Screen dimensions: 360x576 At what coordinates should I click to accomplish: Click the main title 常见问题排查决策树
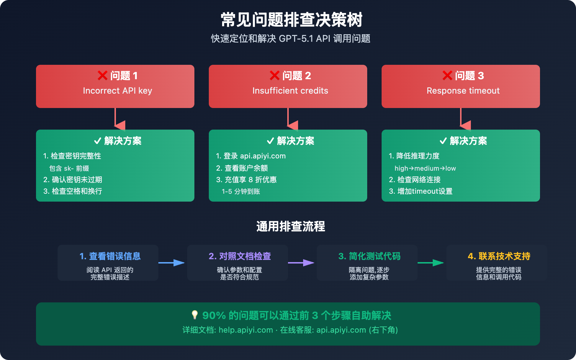[x=292, y=20]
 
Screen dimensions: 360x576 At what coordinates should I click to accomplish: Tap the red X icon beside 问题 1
[x=103, y=76]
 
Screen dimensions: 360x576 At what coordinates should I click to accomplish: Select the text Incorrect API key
[x=117, y=91]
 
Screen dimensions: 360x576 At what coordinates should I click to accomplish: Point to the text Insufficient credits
[x=290, y=91]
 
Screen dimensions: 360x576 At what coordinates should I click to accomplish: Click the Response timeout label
[x=463, y=91]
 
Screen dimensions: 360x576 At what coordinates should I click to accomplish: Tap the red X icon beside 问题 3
[x=447, y=76]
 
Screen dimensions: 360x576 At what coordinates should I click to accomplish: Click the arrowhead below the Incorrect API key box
[x=120, y=125]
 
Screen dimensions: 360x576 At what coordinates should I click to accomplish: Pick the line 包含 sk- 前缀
[x=69, y=168]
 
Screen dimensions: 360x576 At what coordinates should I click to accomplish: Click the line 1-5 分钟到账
[x=241, y=192]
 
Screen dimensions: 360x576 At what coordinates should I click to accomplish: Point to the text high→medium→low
[x=425, y=168]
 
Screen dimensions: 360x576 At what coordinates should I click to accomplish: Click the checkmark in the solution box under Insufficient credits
[x=270, y=141]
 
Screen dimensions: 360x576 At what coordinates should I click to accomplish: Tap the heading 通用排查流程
[x=291, y=226]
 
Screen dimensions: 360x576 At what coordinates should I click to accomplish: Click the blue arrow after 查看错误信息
[x=172, y=263]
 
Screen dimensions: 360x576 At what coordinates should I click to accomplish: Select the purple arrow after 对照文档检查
[x=301, y=263]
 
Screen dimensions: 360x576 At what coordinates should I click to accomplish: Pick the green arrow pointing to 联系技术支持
[x=431, y=263]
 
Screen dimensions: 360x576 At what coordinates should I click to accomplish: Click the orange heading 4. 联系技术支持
[x=499, y=256]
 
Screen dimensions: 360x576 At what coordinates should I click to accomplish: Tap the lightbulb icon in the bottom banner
[x=195, y=315]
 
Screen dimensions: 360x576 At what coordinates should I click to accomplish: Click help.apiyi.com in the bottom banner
[x=246, y=330]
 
